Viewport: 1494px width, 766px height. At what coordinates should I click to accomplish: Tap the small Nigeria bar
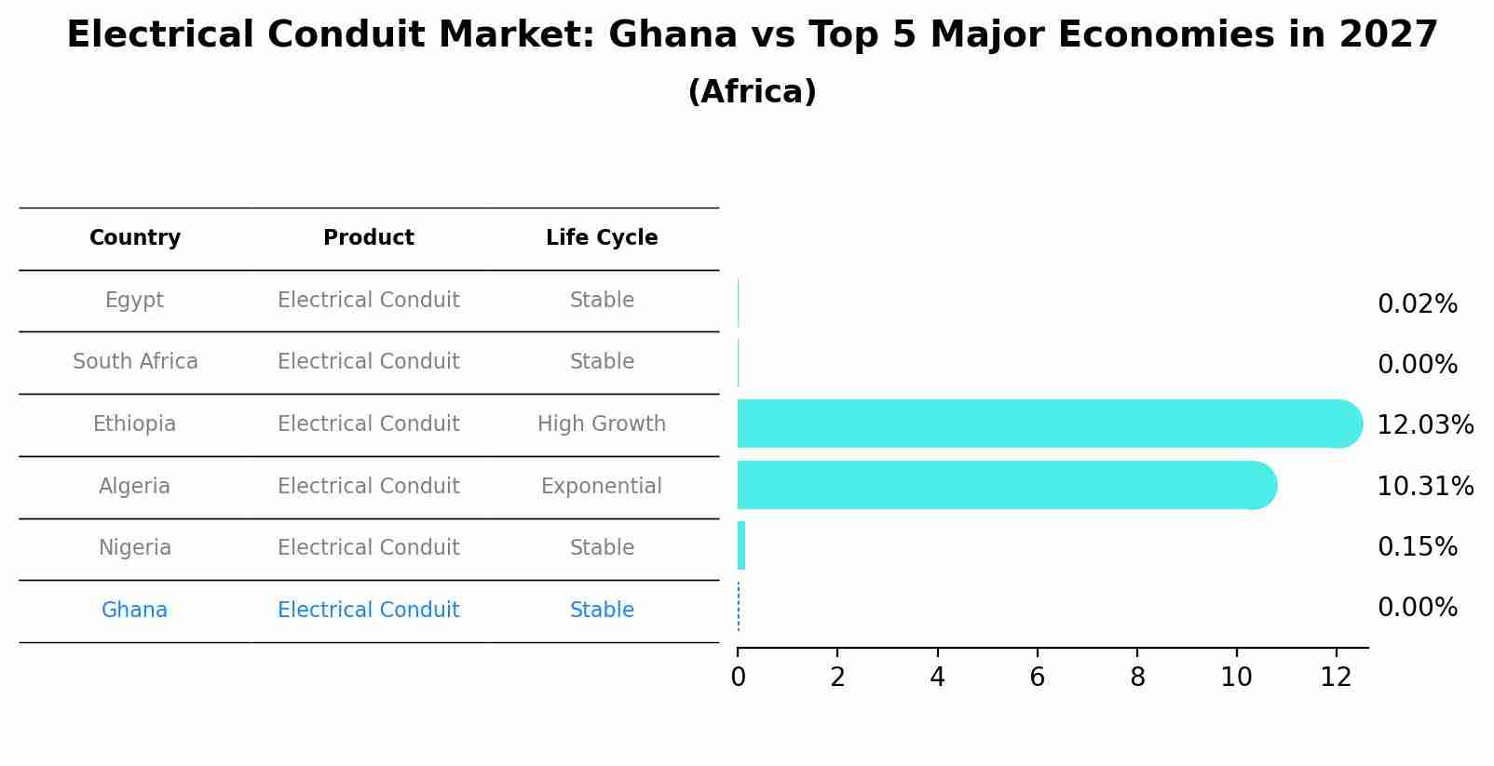741,546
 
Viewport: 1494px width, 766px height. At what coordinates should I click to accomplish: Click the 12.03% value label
1424,425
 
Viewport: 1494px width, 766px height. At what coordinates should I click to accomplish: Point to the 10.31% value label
1424,487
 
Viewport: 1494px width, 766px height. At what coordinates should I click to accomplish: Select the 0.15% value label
1417,547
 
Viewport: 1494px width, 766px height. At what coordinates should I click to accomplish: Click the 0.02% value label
1417,304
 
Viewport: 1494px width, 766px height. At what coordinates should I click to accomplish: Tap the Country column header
135,238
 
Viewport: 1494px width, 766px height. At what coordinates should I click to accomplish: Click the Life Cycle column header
602,238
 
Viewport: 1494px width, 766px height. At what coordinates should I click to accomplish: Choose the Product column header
369,238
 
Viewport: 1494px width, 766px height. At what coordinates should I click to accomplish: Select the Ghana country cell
135,611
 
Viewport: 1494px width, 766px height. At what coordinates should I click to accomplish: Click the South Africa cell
135,362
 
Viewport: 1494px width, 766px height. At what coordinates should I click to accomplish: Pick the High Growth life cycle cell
602,424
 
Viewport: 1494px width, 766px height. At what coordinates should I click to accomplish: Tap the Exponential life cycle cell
602,487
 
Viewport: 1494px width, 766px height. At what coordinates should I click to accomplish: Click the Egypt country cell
135,301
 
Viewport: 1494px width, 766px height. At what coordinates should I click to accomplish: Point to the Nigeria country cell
135,548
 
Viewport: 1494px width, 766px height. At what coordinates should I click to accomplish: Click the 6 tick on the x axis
1037,678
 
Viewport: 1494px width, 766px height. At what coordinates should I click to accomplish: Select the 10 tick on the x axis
1236,678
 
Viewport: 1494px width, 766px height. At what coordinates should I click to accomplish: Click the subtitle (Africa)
752,92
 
